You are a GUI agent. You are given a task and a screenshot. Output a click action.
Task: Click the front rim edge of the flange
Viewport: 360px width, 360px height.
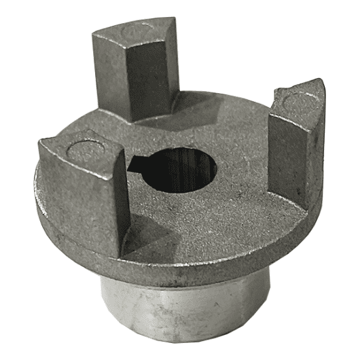pos(204,268)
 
